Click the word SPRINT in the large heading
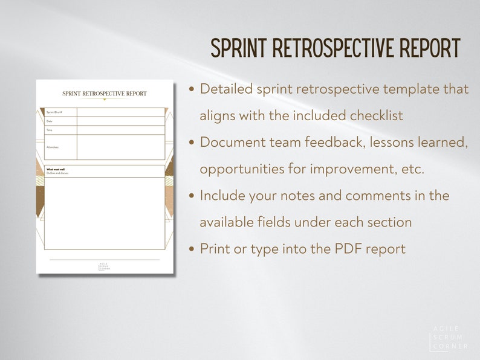(x=239, y=48)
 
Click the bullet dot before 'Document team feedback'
(x=192, y=143)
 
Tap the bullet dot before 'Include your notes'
(x=192, y=196)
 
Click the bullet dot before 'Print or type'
(x=192, y=249)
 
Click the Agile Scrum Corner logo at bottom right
(x=449, y=338)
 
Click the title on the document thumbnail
(x=105, y=94)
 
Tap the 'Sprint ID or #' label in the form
(x=54, y=112)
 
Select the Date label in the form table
(x=50, y=121)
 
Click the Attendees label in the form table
(x=53, y=147)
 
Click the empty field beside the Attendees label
(x=120, y=147)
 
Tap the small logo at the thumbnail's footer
(x=105, y=266)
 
